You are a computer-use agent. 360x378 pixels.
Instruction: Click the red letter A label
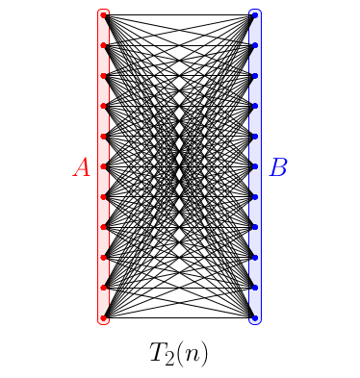pyautogui.click(x=82, y=167)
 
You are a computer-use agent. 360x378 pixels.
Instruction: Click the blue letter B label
pyautogui.click(x=278, y=167)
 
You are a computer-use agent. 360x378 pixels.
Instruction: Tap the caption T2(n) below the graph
pyautogui.click(x=179, y=352)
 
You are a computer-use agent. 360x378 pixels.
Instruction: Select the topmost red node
pyautogui.click(x=104, y=15)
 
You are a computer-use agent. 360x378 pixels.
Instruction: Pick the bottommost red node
pyautogui.click(x=104, y=317)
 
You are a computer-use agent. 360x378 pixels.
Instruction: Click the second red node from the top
pyautogui.click(x=104, y=45)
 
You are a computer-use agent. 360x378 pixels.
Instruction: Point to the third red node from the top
pyautogui.click(x=104, y=76)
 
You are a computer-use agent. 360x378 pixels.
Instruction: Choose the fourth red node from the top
pyautogui.click(x=104, y=106)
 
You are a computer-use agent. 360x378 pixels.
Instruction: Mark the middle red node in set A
pyautogui.click(x=104, y=166)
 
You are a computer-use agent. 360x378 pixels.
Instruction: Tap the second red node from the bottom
pyautogui.click(x=104, y=288)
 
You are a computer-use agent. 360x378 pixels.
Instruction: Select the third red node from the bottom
pyautogui.click(x=104, y=257)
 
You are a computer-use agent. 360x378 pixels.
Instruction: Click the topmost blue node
pyautogui.click(x=255, y=15)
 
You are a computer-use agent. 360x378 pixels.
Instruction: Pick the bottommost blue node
pyautogui.click(x=255, y=317)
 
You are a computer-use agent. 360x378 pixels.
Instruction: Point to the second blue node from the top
pyautogui.click(x=255, y=45)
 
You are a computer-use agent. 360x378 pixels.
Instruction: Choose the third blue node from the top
pyautogui.click(x=255, y=76)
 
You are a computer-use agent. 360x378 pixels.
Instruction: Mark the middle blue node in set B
pyautogui.click(x=255, y=166)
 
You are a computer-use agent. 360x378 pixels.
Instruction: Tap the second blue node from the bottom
pyautogui.click(x=255, y=288)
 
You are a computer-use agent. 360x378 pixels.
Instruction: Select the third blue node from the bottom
pyautogui.click(x=255, y=257)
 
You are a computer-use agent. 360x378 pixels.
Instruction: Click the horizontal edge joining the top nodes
pyautogui.click(x=179, y=15)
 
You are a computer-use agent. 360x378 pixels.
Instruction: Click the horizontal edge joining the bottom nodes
pyautogui.click(x=179, y=317)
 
